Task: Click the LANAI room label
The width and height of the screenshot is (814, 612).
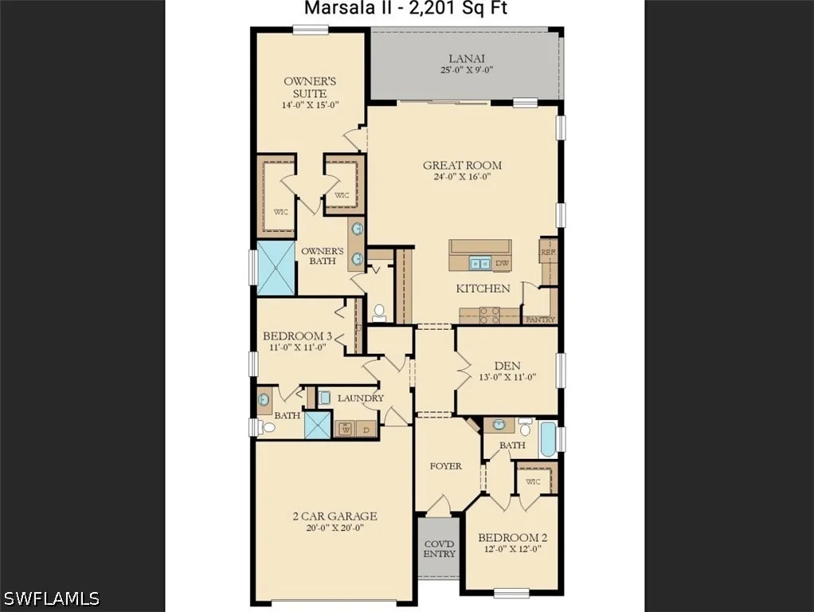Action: click(x=466, y=59)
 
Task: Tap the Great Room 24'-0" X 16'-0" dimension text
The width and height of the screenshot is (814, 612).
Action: click(x=462, y=177)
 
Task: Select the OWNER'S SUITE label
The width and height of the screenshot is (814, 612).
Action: click(x=310, y=88)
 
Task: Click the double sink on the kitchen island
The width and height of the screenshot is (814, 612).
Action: click(x=480, y=264)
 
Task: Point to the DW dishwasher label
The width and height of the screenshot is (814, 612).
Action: click(x=502, y=264)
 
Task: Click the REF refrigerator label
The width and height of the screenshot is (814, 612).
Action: click(x=548, y=252)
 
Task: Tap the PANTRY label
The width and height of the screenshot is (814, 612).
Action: click(x=541, y=320)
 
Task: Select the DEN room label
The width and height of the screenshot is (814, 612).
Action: click(x=507, y=366)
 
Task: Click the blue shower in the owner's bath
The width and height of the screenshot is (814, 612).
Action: click(x=276, y=268)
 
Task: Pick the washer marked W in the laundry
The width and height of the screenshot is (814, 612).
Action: click(x=346, y=430)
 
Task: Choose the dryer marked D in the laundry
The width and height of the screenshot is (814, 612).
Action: click(x=366, y=430)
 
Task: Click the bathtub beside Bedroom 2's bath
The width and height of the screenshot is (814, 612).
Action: click(x=548, y=439)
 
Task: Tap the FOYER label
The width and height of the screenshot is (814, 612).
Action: click(x=445, y=466)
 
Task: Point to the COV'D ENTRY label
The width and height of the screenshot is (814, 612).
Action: click(x=439, y=548)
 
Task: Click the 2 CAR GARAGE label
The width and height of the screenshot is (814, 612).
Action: click(x=335, y=516)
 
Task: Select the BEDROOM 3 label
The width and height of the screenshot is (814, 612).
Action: click(x=297, y=336)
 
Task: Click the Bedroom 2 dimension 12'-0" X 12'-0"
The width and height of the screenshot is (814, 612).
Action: click(x=512, y=549)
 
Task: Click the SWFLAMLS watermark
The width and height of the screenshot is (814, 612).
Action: click(x=50, y=598)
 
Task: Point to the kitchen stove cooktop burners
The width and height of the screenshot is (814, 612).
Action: click(x=490, y=316)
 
